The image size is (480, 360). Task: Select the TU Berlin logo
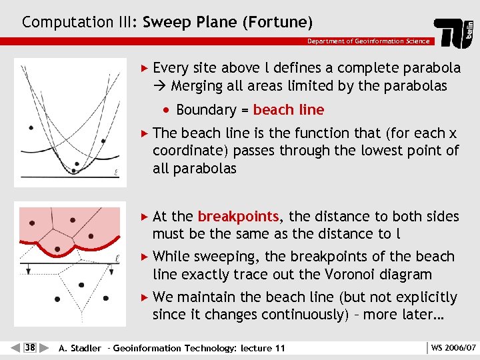point(455,32)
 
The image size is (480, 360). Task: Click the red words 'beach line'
point(289,110)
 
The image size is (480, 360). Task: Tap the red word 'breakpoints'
point(238,217)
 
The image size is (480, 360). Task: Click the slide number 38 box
point(30,347)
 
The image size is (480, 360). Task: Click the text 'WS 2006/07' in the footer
point(453,348)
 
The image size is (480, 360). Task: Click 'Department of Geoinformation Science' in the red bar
point(368,41)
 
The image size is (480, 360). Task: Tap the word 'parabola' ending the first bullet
point(431,68)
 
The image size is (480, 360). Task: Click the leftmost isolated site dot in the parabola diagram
point(30,127)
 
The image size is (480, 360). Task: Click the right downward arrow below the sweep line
point(111,271)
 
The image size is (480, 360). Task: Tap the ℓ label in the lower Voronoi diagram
point(116,256)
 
